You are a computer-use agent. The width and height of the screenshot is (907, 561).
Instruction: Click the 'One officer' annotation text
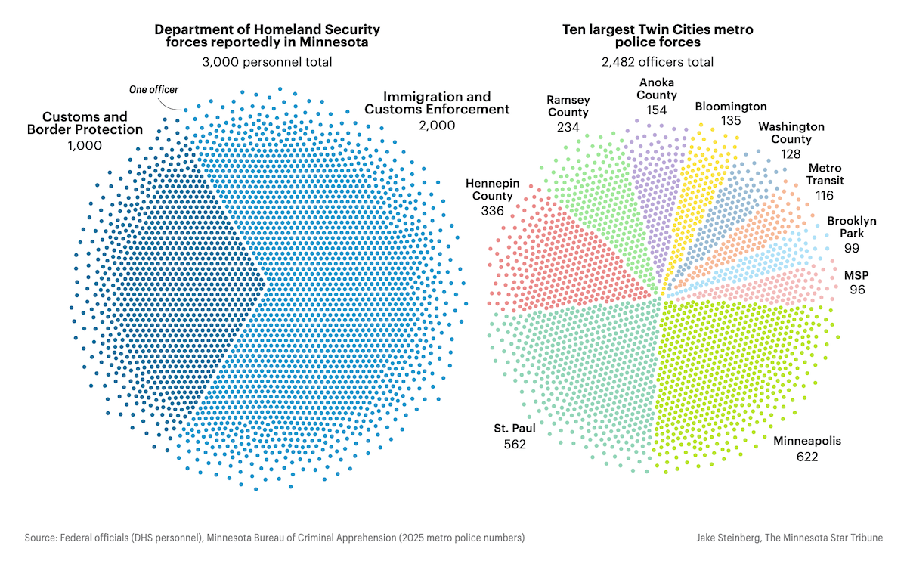point(153,90)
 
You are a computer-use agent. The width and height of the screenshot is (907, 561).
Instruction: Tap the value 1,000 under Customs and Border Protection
point(84,146)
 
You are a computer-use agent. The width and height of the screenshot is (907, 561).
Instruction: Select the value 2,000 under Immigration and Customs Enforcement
point(437,126)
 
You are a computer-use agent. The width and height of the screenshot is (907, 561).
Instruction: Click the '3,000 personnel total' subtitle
point(267,62)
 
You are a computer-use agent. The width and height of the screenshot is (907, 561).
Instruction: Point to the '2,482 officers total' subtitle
point(658,62)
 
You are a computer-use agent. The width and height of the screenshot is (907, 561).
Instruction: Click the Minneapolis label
point(806,441)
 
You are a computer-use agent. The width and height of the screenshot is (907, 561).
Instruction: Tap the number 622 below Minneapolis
point(806,457)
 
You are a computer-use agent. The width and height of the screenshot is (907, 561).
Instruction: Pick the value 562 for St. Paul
point(514,445)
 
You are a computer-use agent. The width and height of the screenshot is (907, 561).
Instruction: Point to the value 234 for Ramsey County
point(568,127)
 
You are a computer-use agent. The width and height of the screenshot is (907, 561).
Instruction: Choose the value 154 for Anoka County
point(656,110)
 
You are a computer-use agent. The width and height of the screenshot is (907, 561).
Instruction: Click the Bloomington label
point(730,107)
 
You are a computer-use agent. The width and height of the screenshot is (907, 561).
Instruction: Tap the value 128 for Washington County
point(791,153)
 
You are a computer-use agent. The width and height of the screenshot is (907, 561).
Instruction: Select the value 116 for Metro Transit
point(825,195)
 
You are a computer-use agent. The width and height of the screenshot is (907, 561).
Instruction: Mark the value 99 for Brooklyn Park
point(851,248)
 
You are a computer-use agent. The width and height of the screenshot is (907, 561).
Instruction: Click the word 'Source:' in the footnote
point(42,538)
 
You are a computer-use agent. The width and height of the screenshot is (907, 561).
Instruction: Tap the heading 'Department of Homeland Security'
point(267,29)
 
